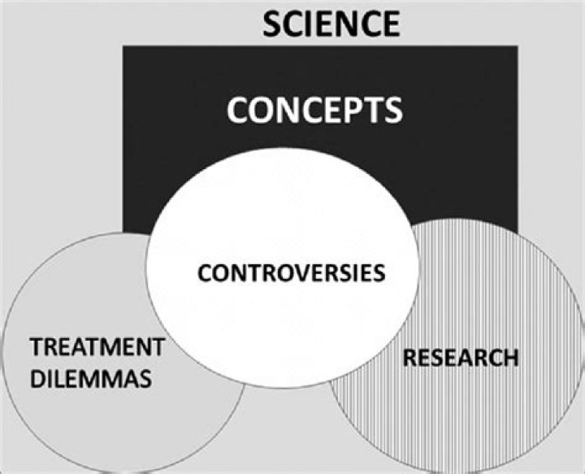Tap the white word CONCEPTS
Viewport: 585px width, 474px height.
(314, 109)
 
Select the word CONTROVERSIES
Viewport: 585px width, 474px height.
(290, 272)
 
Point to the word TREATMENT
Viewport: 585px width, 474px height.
(96, 349)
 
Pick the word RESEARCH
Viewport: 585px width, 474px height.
(460, 357)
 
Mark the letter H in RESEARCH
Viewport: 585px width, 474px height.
(509, 357)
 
